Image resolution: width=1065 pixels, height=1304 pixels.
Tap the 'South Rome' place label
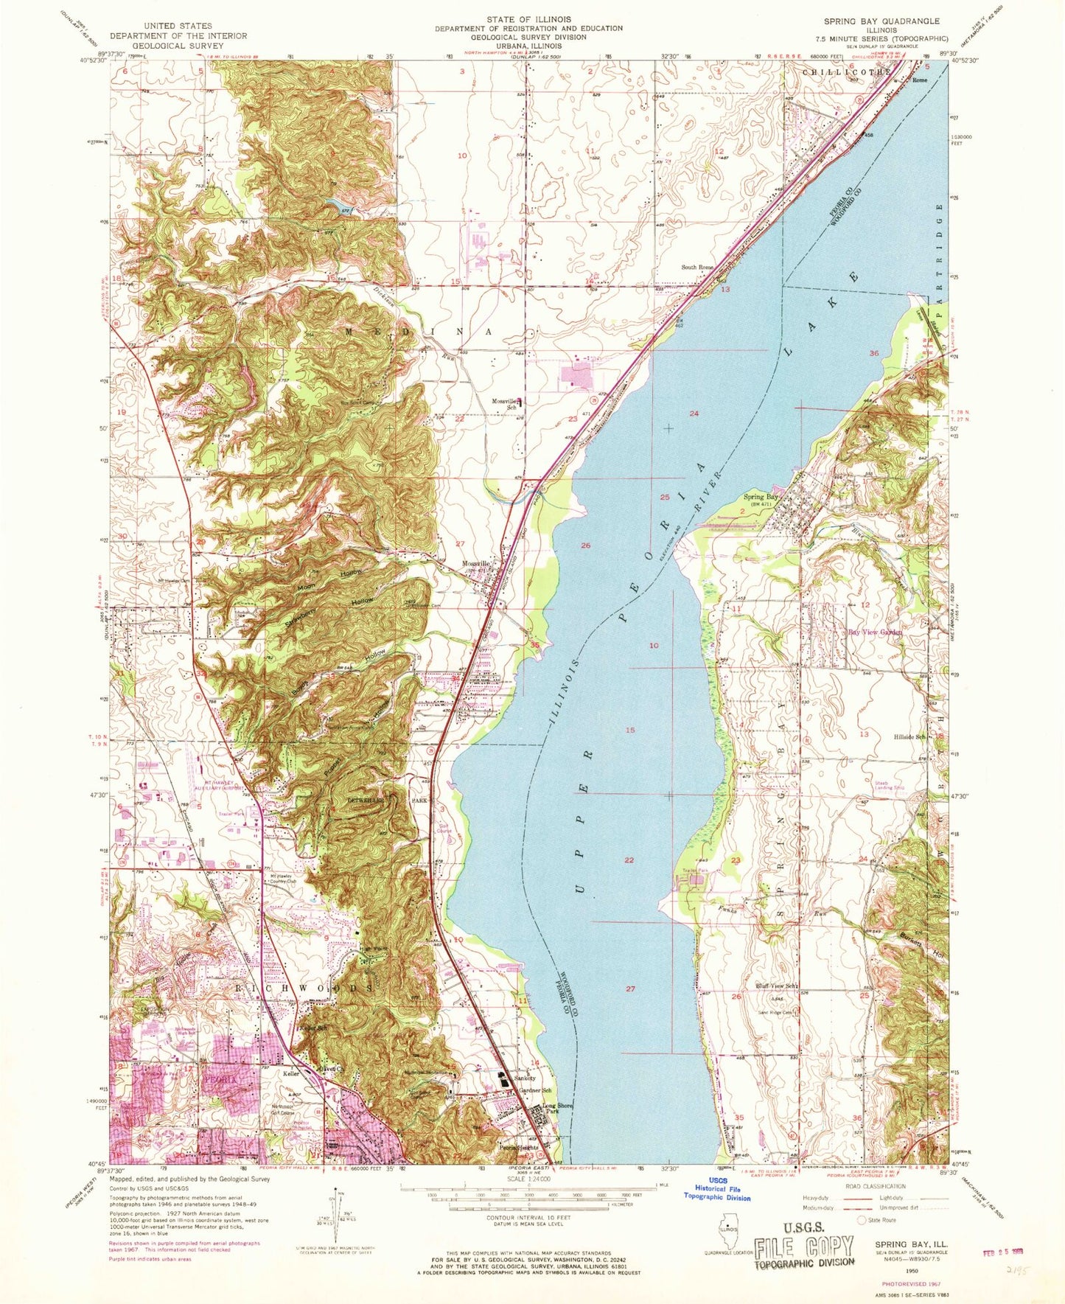point(698,267)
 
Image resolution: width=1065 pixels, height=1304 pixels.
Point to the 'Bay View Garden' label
point(875,632)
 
